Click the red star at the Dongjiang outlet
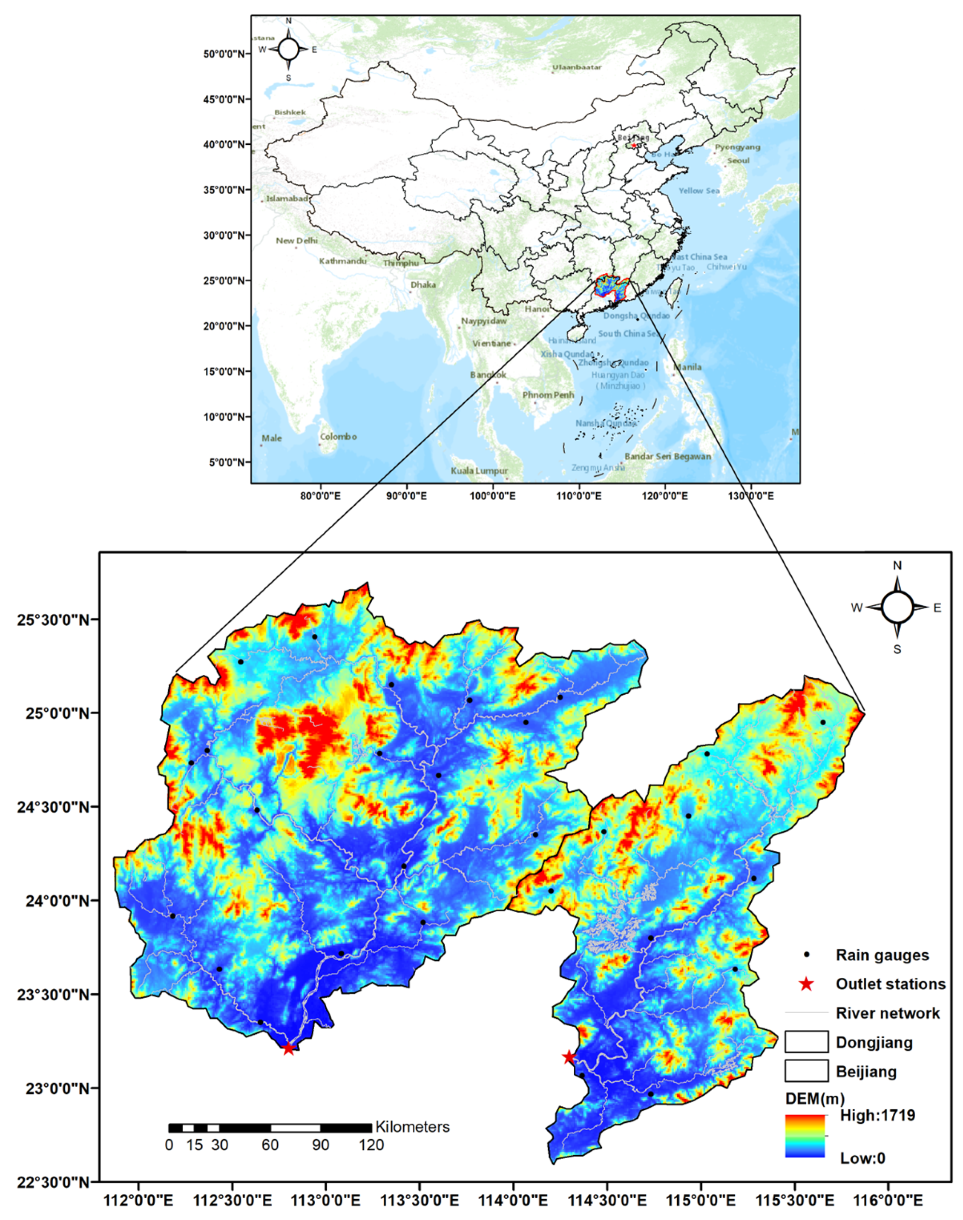point(569,1058)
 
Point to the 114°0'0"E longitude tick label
point(513,1201)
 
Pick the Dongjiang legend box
point(806,1042)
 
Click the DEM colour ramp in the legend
point(805,1136)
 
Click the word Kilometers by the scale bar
point(412,1127)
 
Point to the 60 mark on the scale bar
point(270,1145)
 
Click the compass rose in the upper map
point(289,49)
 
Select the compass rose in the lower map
point(897,607)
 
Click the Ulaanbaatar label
point(577,67)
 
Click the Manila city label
point(688,367)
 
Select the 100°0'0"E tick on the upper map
point(493,496)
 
